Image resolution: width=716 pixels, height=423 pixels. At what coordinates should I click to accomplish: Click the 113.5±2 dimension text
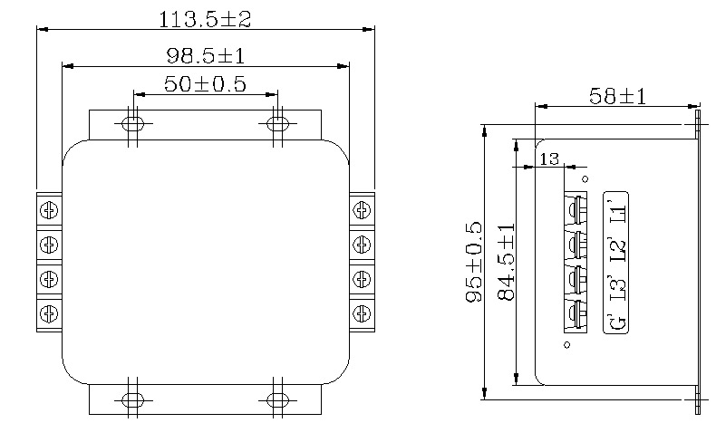[205, 18]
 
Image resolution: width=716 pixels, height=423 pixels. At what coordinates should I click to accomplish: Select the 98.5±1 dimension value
[205, 56]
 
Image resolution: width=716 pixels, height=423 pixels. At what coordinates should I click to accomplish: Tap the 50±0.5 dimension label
[205, 84]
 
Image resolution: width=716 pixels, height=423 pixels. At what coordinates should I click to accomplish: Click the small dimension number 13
[549, 159]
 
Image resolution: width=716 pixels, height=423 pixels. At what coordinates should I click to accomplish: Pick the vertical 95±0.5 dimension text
[473, 263]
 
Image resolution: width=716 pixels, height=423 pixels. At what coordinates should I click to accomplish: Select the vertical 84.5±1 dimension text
[506, 263]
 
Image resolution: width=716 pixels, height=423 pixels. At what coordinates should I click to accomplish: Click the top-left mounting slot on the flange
[132, 122]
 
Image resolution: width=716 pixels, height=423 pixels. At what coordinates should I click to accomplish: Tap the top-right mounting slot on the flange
[277, 122]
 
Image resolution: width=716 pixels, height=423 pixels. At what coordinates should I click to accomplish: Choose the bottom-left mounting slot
[132, 399]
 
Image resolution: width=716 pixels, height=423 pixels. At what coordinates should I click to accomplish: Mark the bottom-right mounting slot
[277, 399]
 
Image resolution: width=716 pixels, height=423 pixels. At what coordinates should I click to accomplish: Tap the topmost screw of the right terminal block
[363, 210]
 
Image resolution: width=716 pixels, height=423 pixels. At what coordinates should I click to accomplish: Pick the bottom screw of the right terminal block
[363, 312]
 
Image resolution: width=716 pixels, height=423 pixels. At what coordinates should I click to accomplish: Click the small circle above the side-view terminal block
[585, 179]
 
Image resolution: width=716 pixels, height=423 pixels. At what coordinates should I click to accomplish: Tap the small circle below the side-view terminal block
[566, 344]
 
